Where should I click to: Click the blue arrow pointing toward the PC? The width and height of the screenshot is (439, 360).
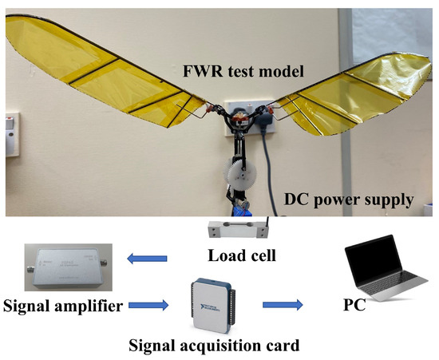click(x=284, y=304)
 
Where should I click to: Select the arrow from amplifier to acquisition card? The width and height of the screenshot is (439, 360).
click(x=149, y=303)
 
